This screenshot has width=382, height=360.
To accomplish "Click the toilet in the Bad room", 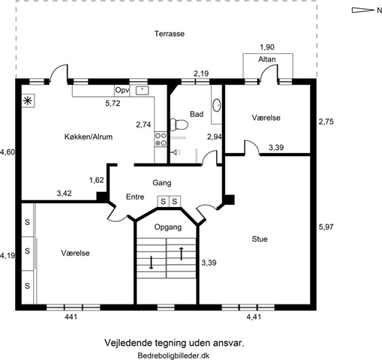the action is (x=179, y=124).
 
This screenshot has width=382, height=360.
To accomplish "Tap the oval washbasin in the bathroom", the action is (x=217, y=105).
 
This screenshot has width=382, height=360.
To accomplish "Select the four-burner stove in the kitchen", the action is (x=161, y=139).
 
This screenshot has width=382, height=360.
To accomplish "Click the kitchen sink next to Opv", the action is (x=142, y=90).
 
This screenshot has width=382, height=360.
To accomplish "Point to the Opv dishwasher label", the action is (x=122, y=90).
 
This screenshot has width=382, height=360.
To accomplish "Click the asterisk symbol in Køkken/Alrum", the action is (x=28, y=101).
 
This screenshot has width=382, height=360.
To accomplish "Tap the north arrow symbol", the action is (x=362, y=10).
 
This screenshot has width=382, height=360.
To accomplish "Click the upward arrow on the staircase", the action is (x=182, y=253).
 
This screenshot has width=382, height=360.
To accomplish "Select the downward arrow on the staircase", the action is (x=151, y=262).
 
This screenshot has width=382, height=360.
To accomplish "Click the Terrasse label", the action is (x=170, y=34).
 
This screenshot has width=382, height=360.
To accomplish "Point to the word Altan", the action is (x=267, y=59).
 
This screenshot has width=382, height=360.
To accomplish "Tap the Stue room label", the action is (x=260, y=239).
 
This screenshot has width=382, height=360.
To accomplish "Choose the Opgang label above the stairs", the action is (x=168, y=227).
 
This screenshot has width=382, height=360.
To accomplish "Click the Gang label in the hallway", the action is (x=162, y=183).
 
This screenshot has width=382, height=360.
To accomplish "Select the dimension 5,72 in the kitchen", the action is (x=113, y=103).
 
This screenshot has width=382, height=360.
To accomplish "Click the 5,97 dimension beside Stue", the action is (x=326, y=227).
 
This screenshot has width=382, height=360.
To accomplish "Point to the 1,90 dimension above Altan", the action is (x=267, y=47).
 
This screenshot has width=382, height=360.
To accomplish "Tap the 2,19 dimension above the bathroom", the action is (x=201, y=73).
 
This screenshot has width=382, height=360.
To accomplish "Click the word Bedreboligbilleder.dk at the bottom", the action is (x=173, y=355).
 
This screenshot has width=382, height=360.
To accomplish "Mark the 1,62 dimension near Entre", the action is (x=97, y=180).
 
